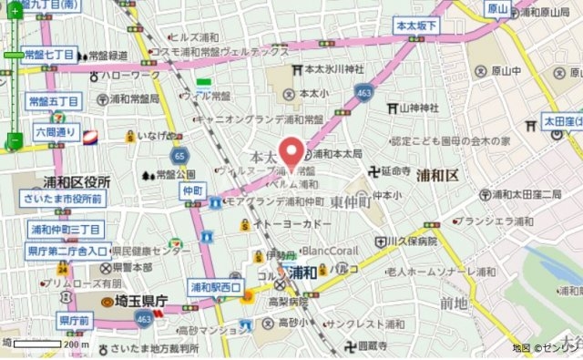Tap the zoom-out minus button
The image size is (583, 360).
14,141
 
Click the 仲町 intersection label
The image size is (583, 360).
191,190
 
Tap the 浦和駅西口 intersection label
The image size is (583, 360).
215,288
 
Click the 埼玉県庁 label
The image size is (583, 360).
133,301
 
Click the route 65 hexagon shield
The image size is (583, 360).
180,156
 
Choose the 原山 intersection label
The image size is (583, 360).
497,9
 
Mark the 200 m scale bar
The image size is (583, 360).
46,345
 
